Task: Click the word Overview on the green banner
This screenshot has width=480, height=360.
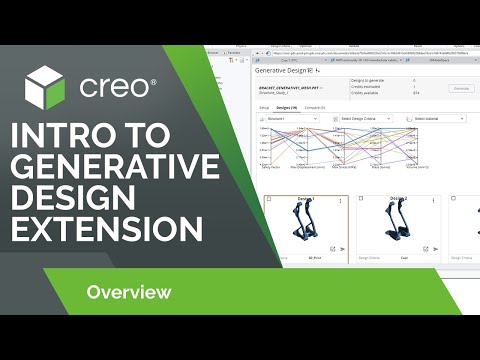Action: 128,292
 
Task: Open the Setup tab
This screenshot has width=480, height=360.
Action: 264,106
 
